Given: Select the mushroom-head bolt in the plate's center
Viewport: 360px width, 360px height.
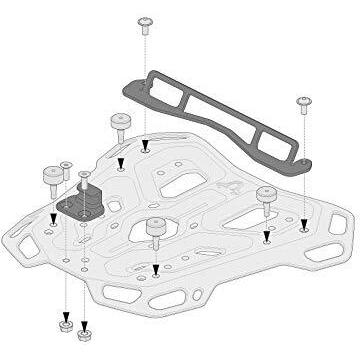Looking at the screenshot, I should point(155,229).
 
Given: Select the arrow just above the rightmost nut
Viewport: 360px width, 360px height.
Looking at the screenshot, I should point(85,312).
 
